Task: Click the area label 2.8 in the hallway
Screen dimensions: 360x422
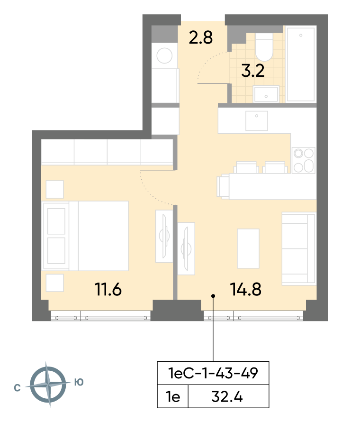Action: click(200, 37)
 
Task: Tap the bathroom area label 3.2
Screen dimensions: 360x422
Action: click(253, 71)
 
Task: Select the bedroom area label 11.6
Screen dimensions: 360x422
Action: click(108, 289)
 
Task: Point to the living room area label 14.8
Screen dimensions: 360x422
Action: click(246, 289)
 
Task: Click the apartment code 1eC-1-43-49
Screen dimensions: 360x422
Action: click(213, 373)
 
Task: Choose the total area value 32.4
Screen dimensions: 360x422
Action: click(227, 397)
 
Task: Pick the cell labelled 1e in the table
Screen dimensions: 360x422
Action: click(173, 397)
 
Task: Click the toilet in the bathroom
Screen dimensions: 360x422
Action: click(264, 47)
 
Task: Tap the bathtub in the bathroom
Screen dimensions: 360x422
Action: click(301, 64)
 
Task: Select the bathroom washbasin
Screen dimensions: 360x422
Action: click(266, 94)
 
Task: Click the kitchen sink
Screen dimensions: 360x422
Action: click(256, 121)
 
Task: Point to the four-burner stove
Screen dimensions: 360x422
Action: click(304, 160)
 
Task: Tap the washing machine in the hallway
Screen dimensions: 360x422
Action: click(165, 55)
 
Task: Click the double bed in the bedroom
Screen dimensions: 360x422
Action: click(85, 236)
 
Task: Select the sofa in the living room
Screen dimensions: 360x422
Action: click(299, 248)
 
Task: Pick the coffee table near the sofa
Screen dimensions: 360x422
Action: click(248, 248)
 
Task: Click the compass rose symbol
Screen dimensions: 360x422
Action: click(48, 385)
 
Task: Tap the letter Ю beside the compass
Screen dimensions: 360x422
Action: click(79, 382)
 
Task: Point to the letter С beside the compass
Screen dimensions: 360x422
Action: click(17, 388)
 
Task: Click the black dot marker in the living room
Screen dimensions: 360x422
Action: click(213, 296)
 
